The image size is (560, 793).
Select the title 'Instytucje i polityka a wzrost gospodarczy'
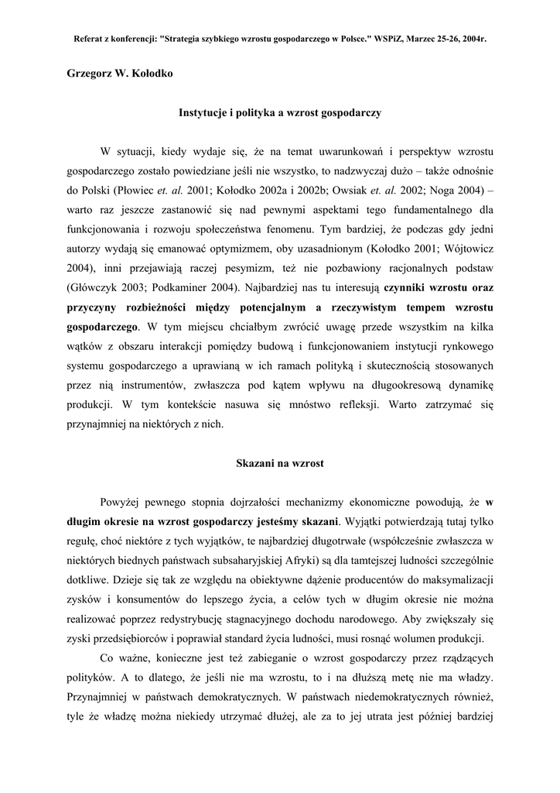279,112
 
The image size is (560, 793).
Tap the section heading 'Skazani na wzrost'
279,463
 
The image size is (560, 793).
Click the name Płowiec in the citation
136,188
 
